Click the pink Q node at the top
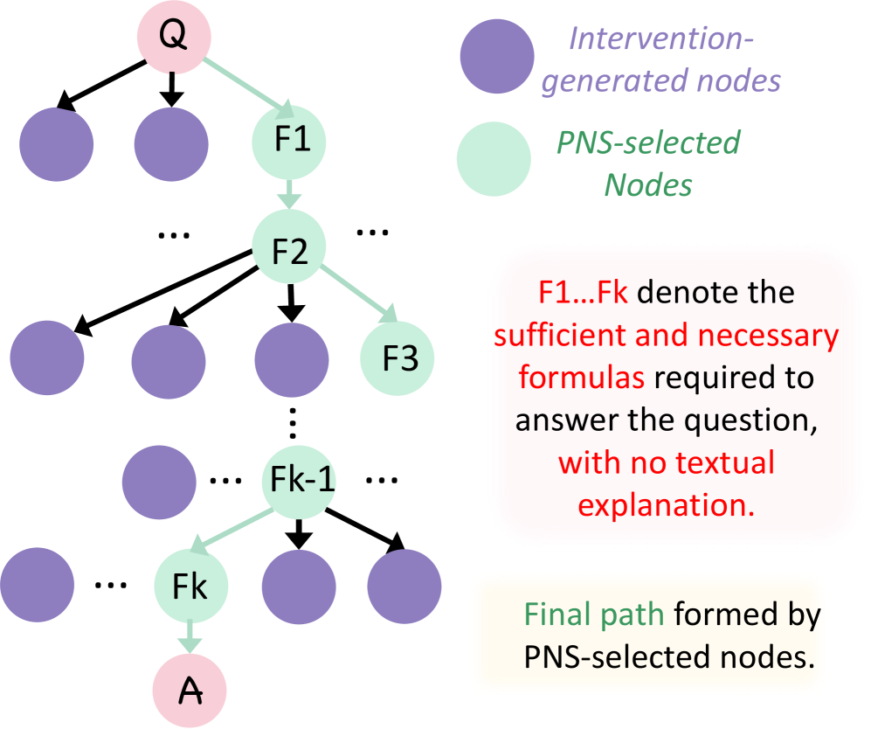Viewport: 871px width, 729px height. tap(172, 36)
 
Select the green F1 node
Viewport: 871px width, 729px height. tap(288, 140)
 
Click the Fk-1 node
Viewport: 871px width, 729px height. tap(299, 480)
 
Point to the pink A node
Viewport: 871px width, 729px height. tap(190, 691)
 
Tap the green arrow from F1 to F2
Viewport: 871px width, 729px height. tap(288, 193)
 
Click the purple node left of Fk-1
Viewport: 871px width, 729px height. tap(158, 480)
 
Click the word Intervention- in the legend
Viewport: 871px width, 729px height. tap(659, 38)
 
